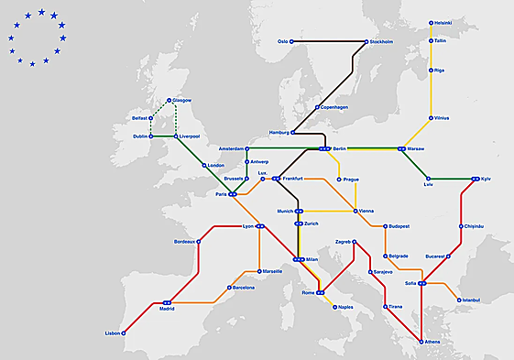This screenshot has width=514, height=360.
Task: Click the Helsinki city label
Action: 444,22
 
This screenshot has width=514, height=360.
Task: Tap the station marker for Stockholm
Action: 366,41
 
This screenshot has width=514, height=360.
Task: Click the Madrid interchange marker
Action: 167,301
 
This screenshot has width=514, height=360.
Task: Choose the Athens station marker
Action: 421,343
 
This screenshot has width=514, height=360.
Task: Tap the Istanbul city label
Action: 471,300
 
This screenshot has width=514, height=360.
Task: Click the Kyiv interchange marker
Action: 475,179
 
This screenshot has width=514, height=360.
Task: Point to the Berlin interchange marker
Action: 324,147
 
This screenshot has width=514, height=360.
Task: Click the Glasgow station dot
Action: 170,100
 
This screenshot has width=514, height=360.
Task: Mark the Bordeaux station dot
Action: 199,242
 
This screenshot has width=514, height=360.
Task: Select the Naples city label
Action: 344,307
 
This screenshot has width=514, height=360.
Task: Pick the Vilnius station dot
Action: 432,118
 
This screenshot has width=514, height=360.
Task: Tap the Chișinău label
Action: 473,225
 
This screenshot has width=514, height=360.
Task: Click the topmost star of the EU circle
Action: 39,13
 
